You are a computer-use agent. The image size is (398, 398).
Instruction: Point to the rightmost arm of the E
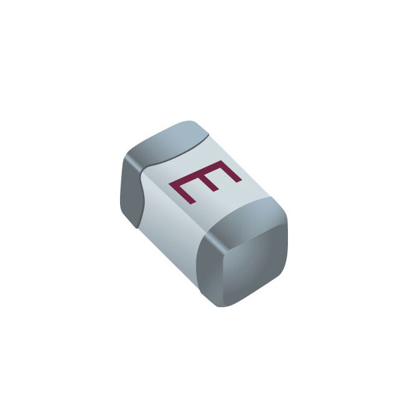click(x=229, y=172)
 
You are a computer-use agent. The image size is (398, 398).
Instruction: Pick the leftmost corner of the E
click(x=170, y=183)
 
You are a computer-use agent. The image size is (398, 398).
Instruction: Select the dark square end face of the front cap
click(x=244, y=264)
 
